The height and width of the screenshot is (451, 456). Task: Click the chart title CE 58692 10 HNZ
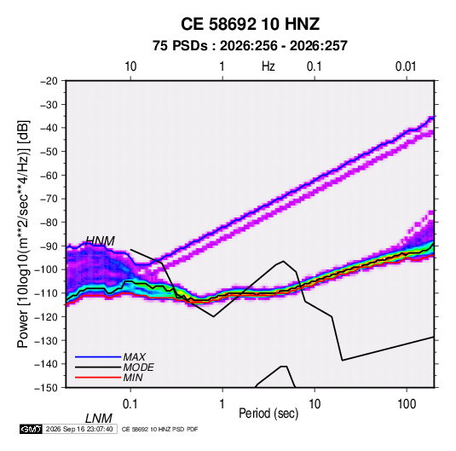click(250, 24)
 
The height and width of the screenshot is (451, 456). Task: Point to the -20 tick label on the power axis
click(49, 81)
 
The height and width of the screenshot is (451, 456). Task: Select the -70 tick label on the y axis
click(49, 199)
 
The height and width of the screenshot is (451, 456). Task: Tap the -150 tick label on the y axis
click(46, 388)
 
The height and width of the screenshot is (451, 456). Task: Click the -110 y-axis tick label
click(46, 293)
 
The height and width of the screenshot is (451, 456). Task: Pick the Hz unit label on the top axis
click(268, 66)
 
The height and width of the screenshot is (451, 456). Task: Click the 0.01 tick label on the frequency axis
click(406, 66)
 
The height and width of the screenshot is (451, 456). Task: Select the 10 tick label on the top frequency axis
click(130, 66)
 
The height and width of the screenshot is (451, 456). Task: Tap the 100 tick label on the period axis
click(407, 404)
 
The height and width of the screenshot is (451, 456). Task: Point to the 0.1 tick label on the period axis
click(130, 404)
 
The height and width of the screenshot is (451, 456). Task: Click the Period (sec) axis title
click(268, 413)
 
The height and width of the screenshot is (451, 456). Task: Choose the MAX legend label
click(135, 357)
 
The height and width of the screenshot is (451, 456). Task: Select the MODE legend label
click(138, 367)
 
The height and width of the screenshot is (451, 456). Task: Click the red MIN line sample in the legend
click(98, 378)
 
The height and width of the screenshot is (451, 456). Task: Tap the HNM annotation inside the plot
click(100, 241)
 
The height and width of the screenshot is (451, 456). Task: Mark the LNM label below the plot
click(99, 419)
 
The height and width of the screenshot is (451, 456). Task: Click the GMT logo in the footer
click(31, 429)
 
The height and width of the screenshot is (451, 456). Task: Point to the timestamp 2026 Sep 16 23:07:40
click(79, 429)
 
